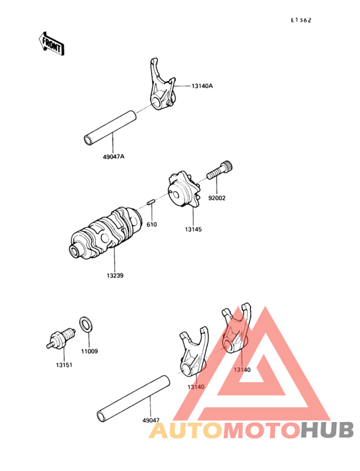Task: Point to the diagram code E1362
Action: [301, 20]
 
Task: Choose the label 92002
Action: [216, 199]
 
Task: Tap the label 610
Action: [152, 224]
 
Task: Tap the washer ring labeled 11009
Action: [85, 324]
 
